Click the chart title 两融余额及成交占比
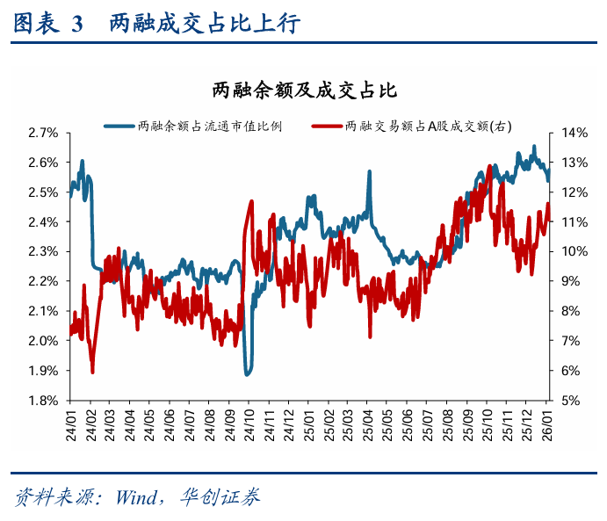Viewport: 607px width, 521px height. [x=302, y=90]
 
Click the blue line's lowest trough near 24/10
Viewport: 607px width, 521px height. [x=249, y=373]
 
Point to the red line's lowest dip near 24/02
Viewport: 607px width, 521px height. [x=92, y=372]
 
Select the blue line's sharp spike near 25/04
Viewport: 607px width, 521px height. [x=369, y=172]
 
